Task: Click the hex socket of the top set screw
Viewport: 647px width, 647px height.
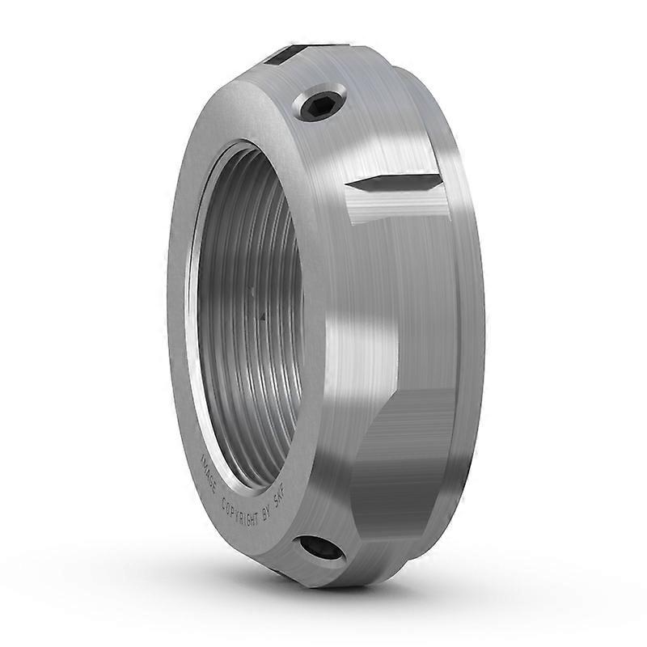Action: point(316,104)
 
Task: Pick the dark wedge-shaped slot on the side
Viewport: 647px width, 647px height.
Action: point(394,183)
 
